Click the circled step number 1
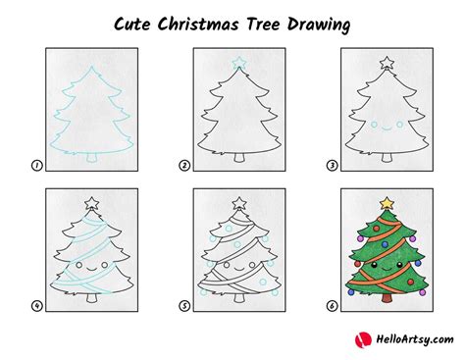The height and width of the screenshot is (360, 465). [x=35, y=167]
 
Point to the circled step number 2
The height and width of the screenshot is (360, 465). [x=183, y=167]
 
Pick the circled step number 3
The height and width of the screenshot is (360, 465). [x=332, y=167]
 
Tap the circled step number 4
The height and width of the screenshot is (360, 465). [x=35, y=305]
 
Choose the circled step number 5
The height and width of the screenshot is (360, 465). [x=183, y=305]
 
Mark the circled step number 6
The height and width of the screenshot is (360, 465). [x=332, y=305]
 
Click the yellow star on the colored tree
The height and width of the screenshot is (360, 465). [x=386, y=203]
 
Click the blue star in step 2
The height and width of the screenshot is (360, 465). [x=237, y=64]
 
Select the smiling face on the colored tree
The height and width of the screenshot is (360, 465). [x=386, y=264]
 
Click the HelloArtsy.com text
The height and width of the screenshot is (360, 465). [x=404, y=341]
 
